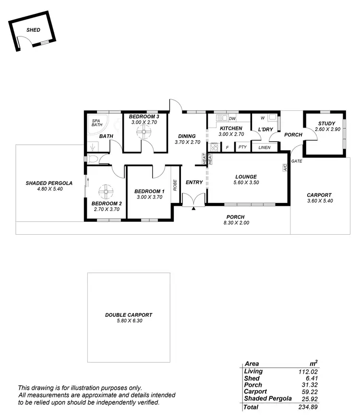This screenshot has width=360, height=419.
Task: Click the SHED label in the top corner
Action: (x=34, y=30)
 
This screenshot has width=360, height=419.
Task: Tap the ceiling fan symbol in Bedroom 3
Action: (x=142, y=134)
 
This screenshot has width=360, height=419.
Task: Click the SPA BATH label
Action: (x=97, y=122)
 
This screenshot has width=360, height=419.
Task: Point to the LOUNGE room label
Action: (x=246, y=177)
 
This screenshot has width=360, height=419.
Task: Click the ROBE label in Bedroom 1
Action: (x=176, y=185)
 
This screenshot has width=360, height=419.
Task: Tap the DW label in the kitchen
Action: (x=232, y=119)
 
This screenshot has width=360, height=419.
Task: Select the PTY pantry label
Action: (x=242, y=147)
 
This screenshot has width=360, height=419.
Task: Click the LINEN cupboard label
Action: (x=264, y=147)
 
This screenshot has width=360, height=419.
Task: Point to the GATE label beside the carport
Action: (x=297, y=161)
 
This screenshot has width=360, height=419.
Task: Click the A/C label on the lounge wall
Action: (x=285, y=168)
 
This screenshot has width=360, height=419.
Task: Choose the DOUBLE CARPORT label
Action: (x=129, y=315)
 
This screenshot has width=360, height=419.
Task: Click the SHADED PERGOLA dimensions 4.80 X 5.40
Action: (x=50, y=189)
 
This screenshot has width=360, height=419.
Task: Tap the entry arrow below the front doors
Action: (x=193, y=209)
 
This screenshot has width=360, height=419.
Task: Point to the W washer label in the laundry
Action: (x=262, y=118)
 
